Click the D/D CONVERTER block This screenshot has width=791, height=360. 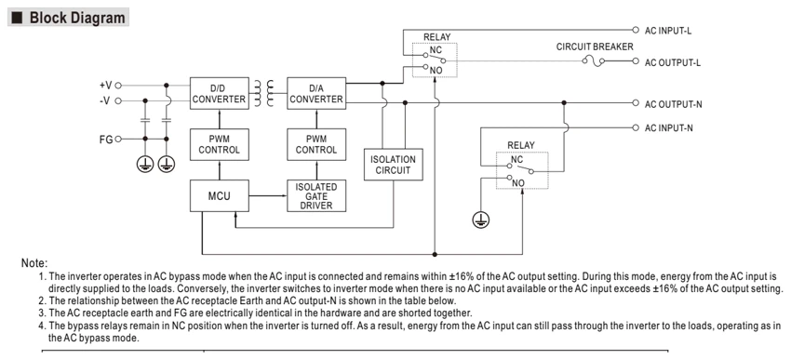point(220,93)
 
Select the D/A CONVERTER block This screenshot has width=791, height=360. point(316,93)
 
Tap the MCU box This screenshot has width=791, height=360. point(220,195)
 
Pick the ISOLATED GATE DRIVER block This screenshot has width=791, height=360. point(316,195)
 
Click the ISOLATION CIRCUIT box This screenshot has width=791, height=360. point(394,165)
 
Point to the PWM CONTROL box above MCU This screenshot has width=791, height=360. point(220,144)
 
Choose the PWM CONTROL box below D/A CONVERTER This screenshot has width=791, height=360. point(316,144)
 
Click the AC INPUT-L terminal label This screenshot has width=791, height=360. point(668,31)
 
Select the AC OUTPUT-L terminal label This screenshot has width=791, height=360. point(673,62)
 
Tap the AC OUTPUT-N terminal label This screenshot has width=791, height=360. point(674,104)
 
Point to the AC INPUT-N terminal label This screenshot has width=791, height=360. point(669,128)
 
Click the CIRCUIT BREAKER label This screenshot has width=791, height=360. point(595,47)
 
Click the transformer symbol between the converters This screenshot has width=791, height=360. point(264,93)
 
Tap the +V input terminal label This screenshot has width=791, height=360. point(106,86)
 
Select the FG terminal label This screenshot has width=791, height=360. point(106,140)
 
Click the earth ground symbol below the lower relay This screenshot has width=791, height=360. point(481,220)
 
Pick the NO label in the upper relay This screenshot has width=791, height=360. point(436,71)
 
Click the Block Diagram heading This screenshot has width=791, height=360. point(77,18)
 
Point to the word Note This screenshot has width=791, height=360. point(34,263)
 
